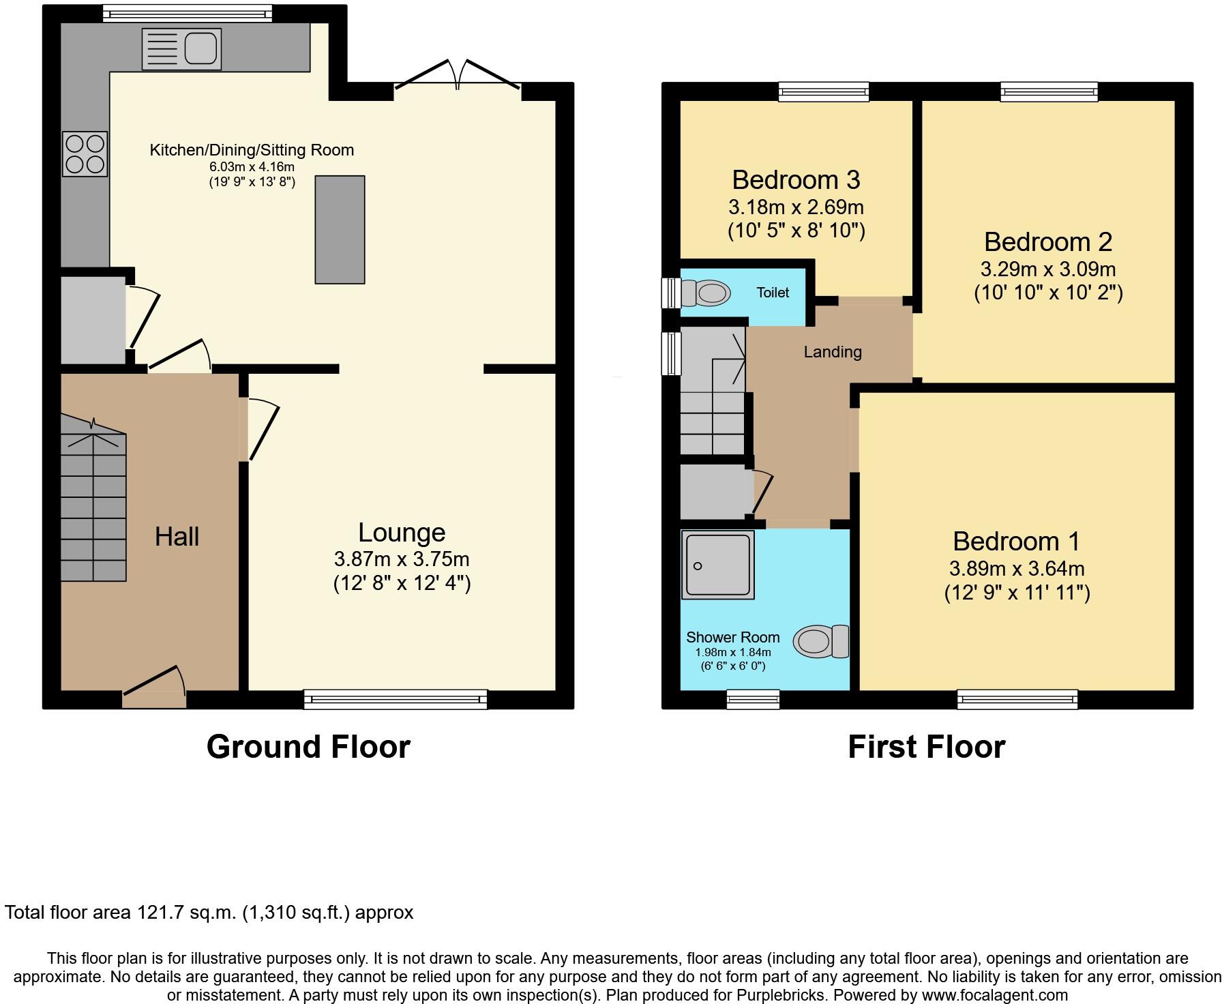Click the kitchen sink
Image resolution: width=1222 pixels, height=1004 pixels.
click(181, 49)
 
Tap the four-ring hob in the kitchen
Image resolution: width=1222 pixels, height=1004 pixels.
click(85, 153)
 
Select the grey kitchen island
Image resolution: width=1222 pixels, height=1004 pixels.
click(340, 229)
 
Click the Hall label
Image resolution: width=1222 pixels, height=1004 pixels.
click(177, 537)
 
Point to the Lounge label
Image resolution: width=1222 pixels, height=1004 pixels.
click(402, 533)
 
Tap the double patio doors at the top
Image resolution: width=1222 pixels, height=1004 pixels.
click(458, 75)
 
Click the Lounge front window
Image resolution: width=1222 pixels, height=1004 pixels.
click(396, 699)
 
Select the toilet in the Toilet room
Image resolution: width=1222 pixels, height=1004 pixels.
click(704, 293)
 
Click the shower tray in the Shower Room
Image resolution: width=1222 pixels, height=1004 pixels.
click(718, 565)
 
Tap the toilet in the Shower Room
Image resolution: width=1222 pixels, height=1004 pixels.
click(822, 642)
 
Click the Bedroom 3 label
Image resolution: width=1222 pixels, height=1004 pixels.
click(796, 180)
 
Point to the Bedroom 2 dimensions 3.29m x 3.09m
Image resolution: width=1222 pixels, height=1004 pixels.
click(1048, 269)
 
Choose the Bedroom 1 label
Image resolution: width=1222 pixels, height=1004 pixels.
click(1017, 542)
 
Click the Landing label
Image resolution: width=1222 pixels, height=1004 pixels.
click(833, 352)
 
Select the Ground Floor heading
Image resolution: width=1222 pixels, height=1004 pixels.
click(308, 747)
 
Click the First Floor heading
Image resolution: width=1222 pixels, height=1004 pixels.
click(927, 747)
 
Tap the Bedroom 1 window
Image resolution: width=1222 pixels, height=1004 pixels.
click(1017, 699)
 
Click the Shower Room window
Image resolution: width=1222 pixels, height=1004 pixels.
click(753, 699)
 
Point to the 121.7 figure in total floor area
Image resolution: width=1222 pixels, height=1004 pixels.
click(160, 913)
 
